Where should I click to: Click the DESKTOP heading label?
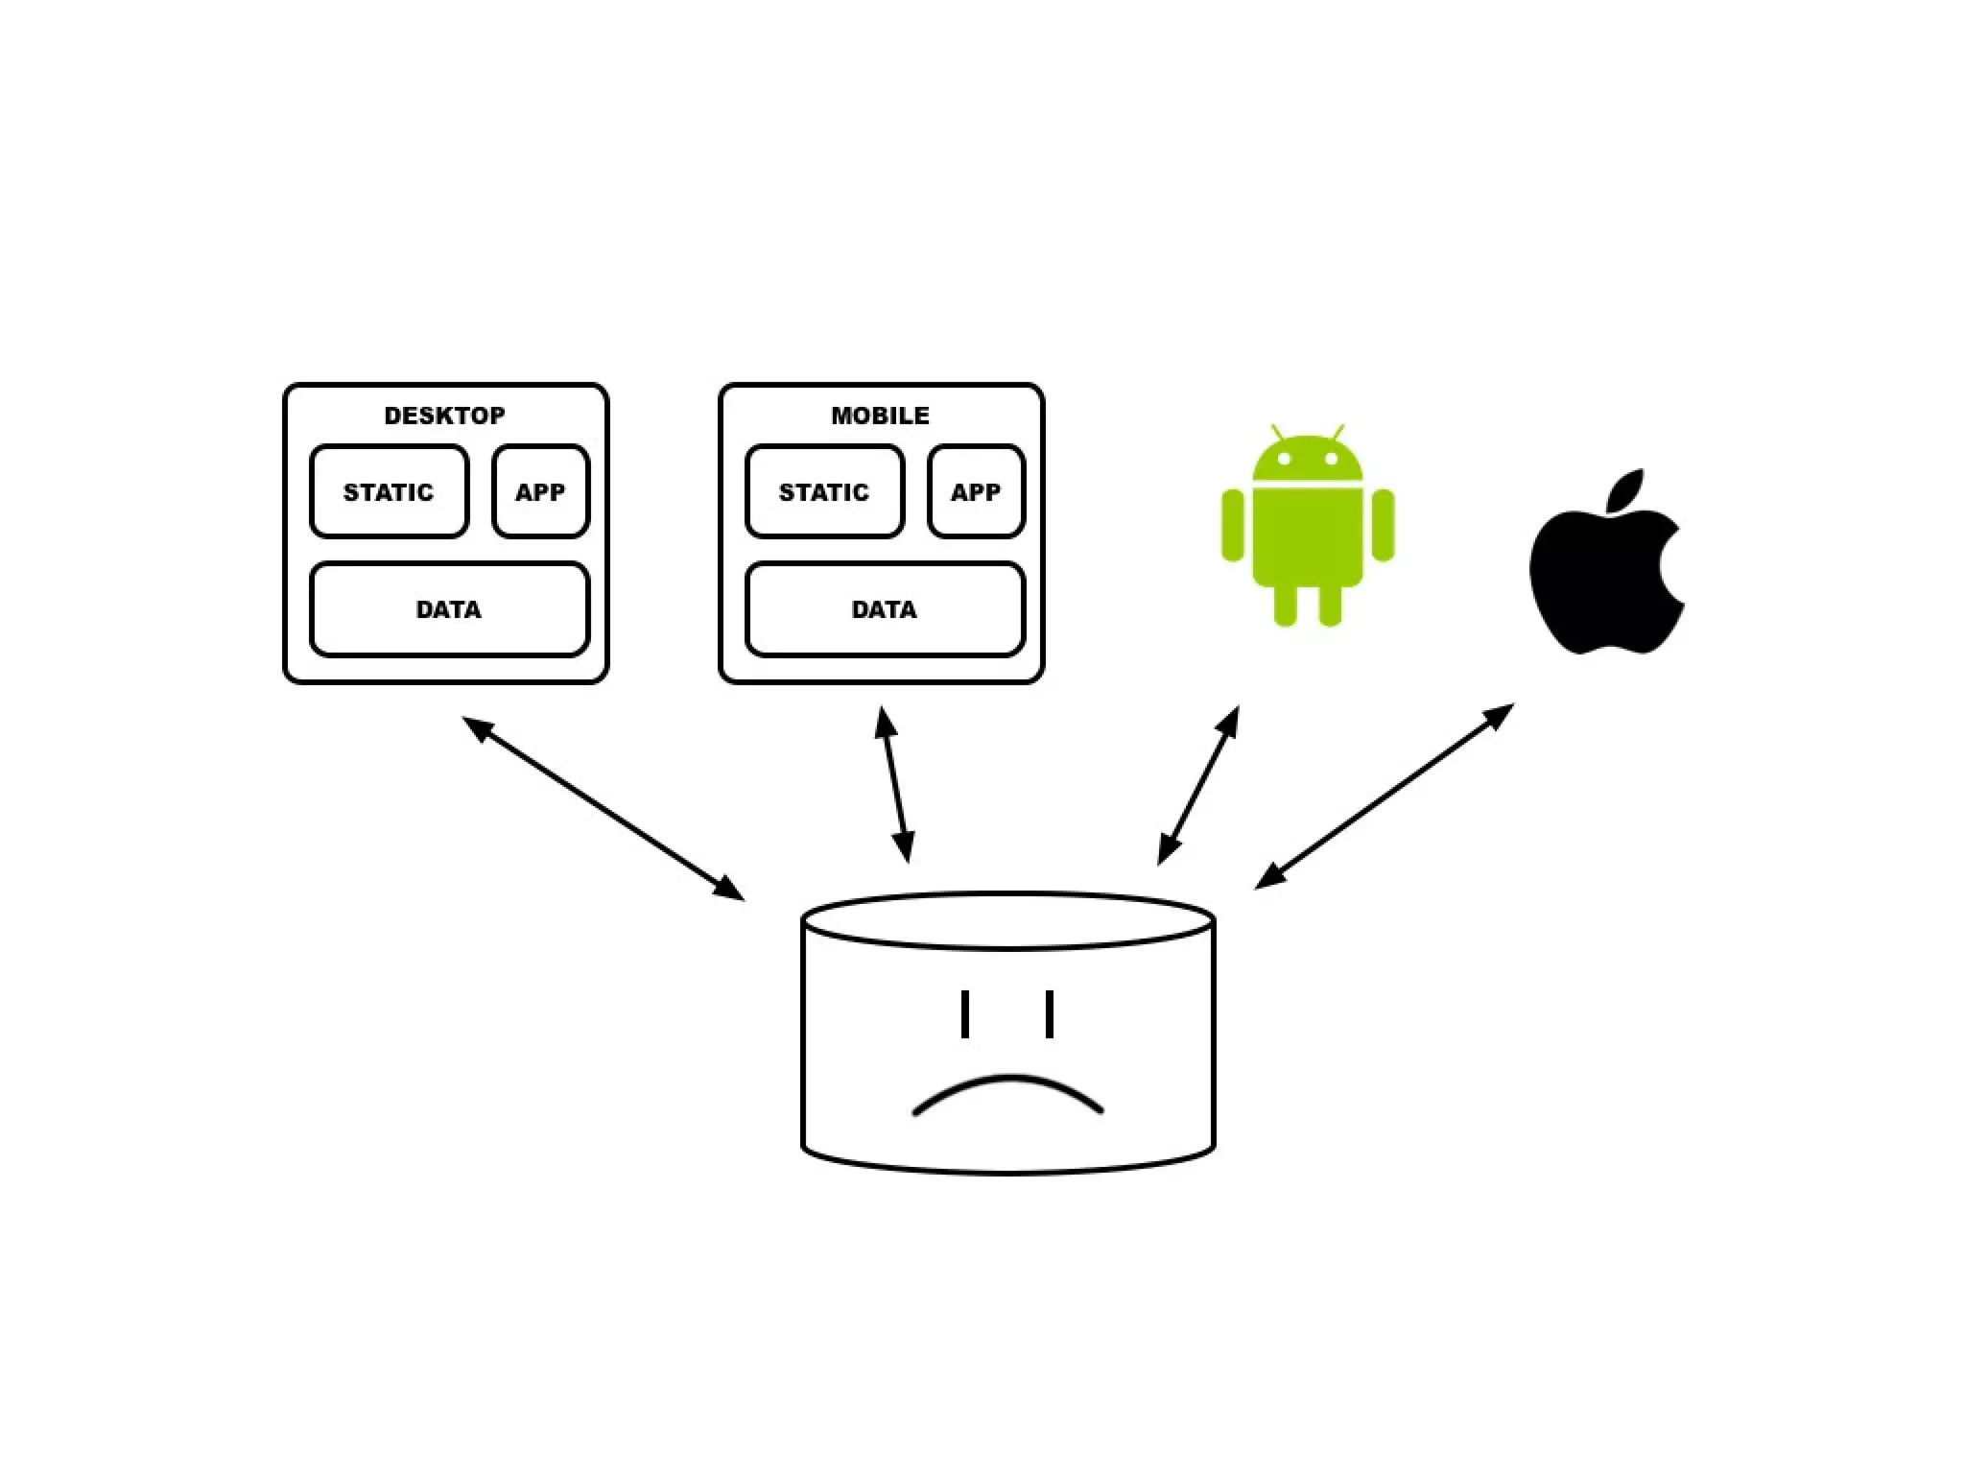tap(444, 416)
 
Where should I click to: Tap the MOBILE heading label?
tap(880, 416)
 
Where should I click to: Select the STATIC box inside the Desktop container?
tap(389, 491)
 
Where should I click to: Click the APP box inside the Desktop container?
tap(540, 491)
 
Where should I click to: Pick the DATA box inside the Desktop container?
tap(449, 609)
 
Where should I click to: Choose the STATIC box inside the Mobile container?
tap(824, 491)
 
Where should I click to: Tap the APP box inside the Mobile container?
tap(976, 491)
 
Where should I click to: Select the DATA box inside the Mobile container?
tap(885, 609)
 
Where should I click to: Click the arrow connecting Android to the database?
tap(1198, 785)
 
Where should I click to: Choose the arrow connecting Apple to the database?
tap(1384, 796)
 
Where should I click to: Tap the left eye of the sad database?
tap(964, 1014)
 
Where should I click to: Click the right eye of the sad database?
tap(1050, 1014)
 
